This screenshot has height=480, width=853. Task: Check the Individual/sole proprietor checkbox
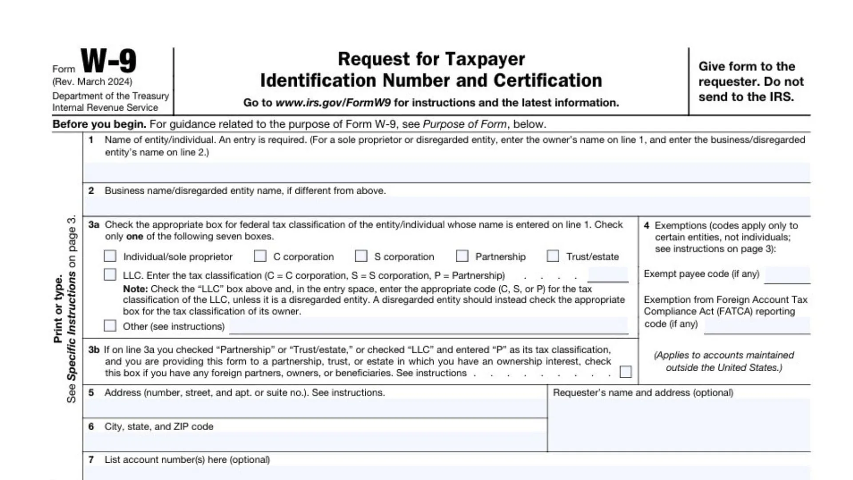pyautogui.click(x=110, y=256)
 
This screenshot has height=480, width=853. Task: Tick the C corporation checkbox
pyautogui.click(x=260, y=256)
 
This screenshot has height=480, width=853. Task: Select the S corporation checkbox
pyautogui.click(x=361, y=256)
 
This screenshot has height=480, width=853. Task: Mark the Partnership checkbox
pyautogui.click(x=462, y=256)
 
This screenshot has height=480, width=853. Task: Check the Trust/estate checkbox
pyautogui.click(x=553, y=256)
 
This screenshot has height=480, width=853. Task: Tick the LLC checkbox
pyautogui.click(x=110, y=275)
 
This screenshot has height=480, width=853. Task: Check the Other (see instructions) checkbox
pyautogui.click(x=110, y=326)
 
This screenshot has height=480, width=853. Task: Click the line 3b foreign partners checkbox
pyautogui.click(x=626, y=372)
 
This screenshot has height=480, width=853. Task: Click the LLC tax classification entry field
pyautogui.click(x=608, y=275)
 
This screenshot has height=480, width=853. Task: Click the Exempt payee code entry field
pyautogui.click(x=787, y=275)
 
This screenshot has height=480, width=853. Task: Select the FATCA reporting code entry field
pyautogui.click(x=757, y=325)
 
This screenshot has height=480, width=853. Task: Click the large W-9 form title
pyautogui.click(x=108, y=61)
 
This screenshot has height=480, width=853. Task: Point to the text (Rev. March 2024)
pyautogui.click(x=92, y=82)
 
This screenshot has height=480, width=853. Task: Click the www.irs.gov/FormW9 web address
pyautogui.click(x=333, y=103)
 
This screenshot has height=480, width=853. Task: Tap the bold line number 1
pyautogui.click(x=91, y=140)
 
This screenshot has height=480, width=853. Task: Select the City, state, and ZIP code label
pyautogui.click(x=159, y=427)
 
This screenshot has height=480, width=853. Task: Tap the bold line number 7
pyautogui.click(x=91, y=460)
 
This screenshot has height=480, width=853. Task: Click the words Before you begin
pyautogui.click(x=99, y=124)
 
